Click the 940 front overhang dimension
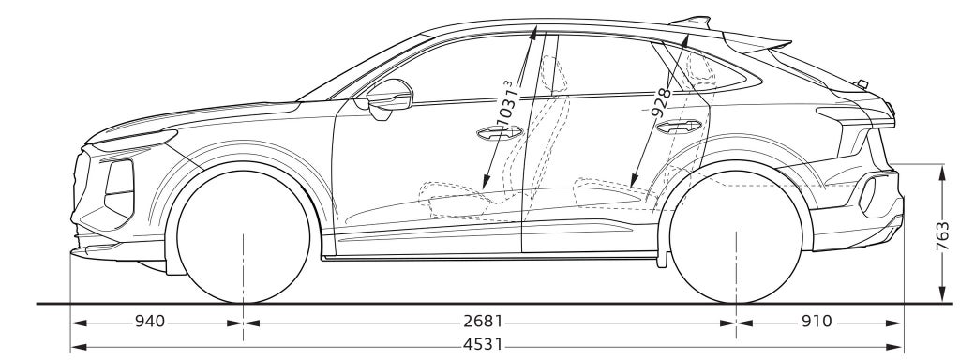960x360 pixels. click(x=150, y=322)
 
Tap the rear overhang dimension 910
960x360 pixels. click(x=816, y=322)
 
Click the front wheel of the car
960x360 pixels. click(x=244, y=234)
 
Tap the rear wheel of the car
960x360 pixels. click(x=738, y=234)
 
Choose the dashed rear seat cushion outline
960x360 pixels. click(x=609, y=187)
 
